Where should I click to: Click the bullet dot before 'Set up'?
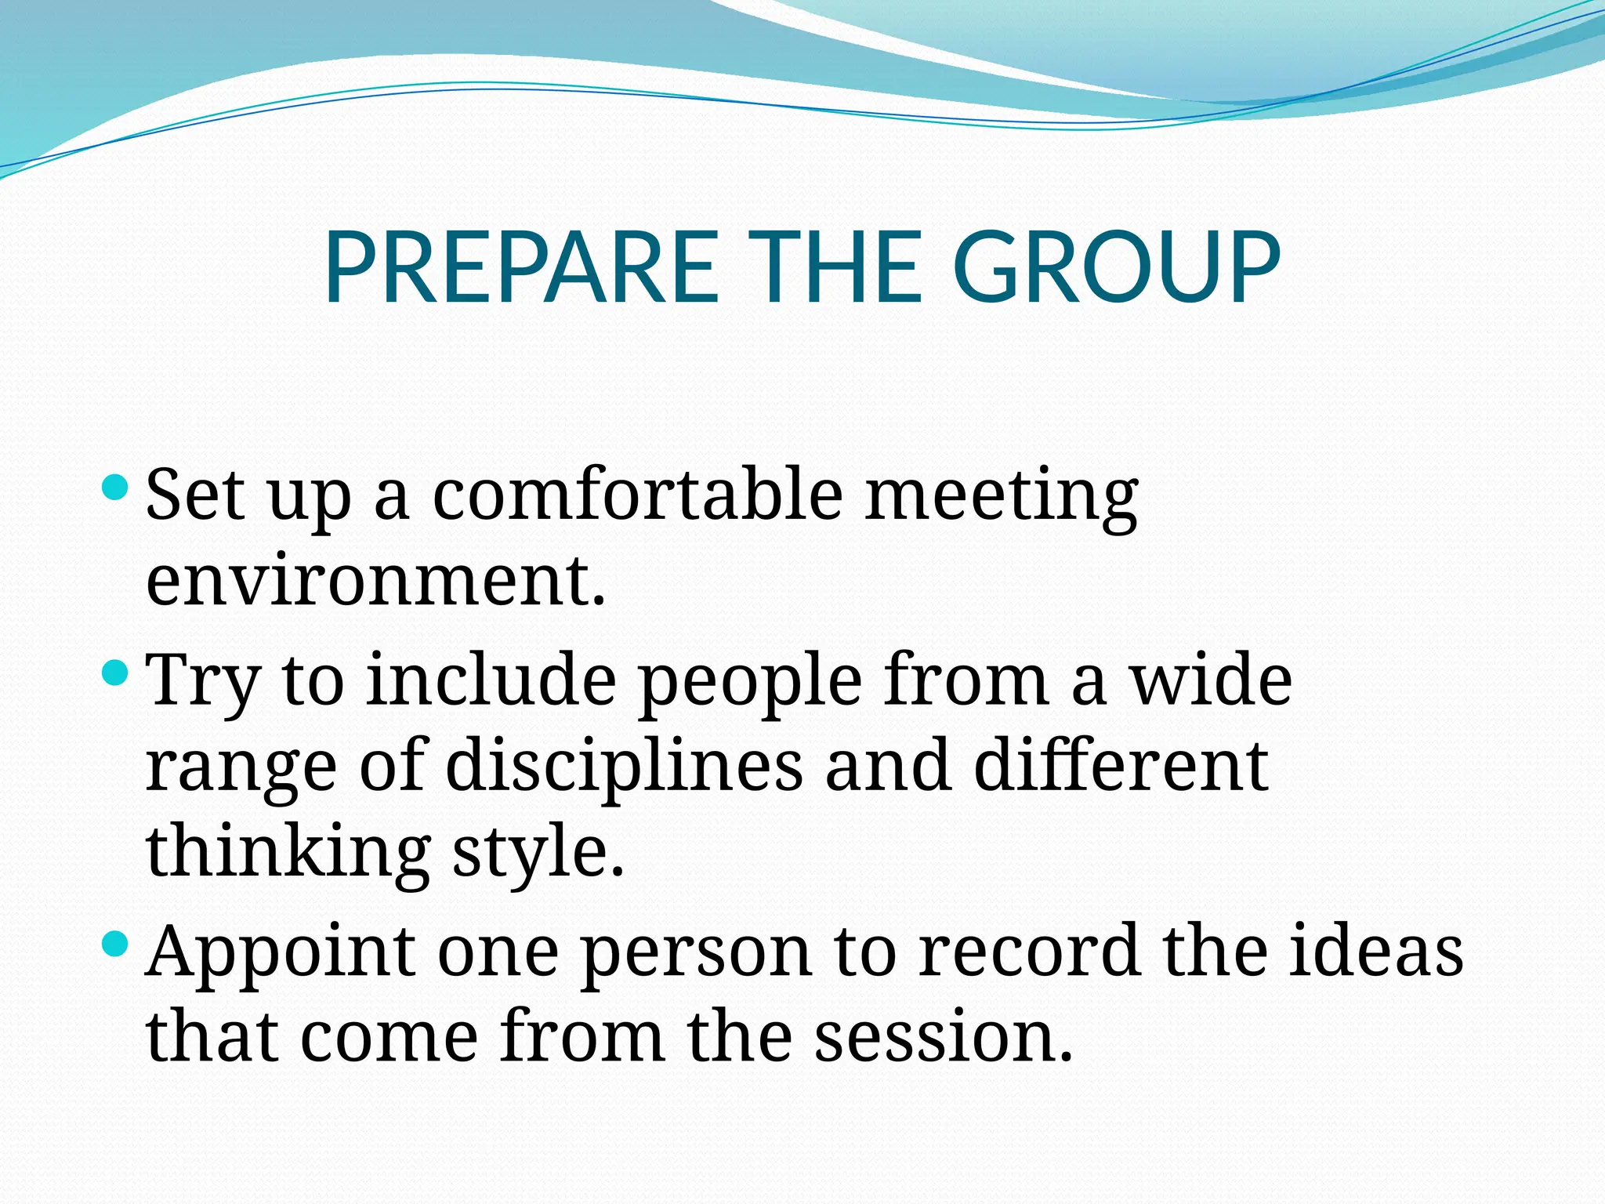pyautogui.click(x=115, y=488)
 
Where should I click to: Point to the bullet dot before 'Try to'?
pyautogui.click(x=115, y=672)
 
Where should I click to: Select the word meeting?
pyautogui.click(x=1001, y=495)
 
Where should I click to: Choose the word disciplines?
pyautogui.click(x=624, y=767)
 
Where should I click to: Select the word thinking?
pyautogui.click(x=288, y=852)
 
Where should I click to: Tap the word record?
pyautogui.click(x=1029, y=950)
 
